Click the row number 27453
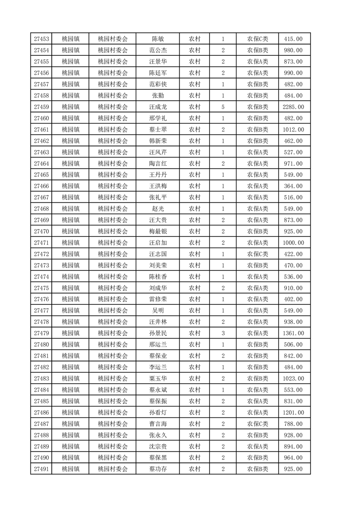tap(41, 39)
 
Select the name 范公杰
tap(158, 50)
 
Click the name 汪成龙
tap(158, 107)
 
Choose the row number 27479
tap(41, 333)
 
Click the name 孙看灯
tap(158, 412)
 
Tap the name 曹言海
tap(158, 424)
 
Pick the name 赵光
tap(158, 209)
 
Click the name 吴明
tap(158, 311)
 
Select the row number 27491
tap(41, 469)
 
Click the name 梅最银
tap(158, 231)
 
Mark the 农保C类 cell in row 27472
tap(257, 254)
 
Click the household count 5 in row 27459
tap(223, 107)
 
